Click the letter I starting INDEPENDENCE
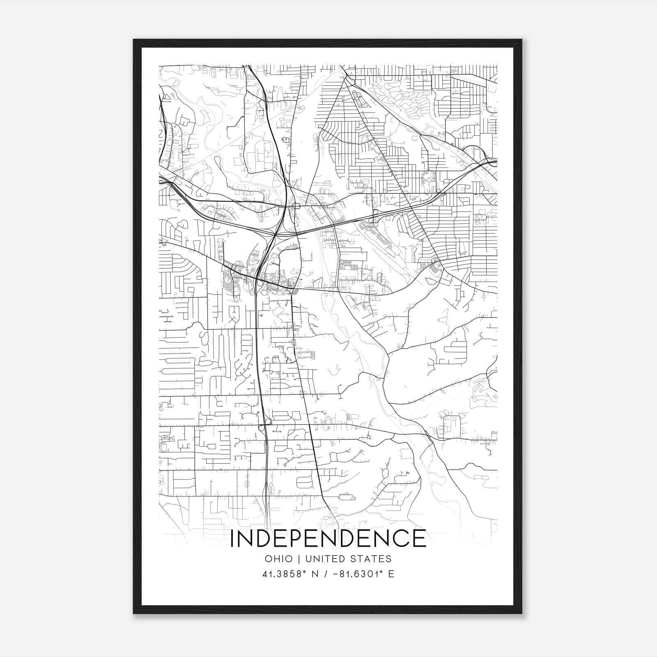coord(232,538)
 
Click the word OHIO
coord(279,559)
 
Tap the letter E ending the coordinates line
coord(391,574)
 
